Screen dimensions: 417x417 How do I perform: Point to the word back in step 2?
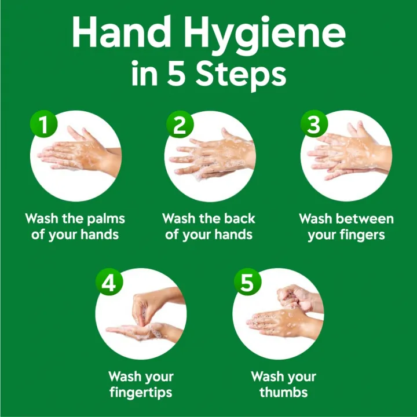coord(239,220)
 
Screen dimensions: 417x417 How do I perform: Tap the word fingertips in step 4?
coord(141,392)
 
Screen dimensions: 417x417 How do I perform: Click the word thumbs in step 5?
coord(284,392)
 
